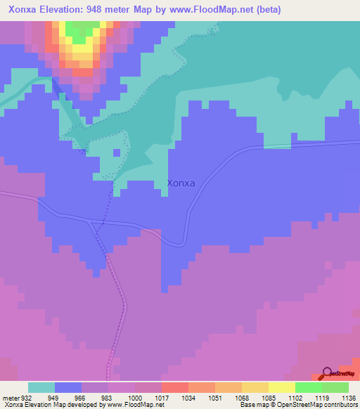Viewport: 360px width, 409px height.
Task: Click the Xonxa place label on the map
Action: [x=181, y=183]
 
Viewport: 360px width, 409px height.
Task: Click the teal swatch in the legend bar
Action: [x=41, y=387]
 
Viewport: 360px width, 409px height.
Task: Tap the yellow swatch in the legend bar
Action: [x=281, y=387]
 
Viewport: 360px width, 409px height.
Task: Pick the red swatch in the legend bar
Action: [x=174, y=387]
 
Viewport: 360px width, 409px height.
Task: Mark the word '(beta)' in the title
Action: [x=269, y=9]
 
